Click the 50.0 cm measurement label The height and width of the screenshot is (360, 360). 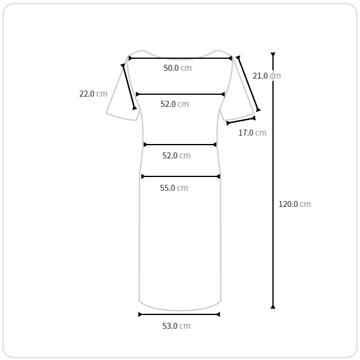point(178,68)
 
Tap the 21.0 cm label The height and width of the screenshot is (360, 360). point(266,76)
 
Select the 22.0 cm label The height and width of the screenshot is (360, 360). point(93,94)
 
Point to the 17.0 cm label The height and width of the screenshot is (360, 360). point(253,133)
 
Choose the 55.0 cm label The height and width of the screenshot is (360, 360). point(174,188)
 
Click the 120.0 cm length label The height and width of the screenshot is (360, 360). point(295,204)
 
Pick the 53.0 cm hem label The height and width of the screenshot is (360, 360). point(176,326)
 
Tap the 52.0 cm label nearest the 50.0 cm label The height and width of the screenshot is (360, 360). point(175,104)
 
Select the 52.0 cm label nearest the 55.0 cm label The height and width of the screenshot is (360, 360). point(176,155)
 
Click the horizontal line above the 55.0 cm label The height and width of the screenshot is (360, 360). point(181,176)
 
